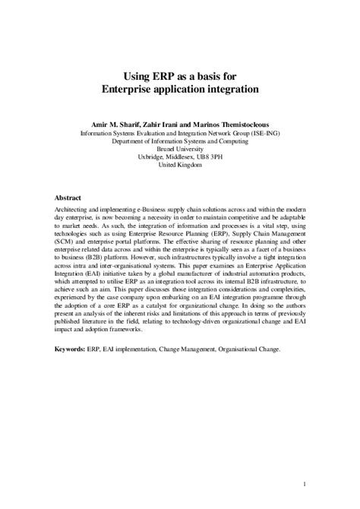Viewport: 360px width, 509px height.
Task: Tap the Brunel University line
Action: click(x=179, y=149)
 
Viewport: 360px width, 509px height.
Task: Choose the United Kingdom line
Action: click(x=179, y=166)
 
